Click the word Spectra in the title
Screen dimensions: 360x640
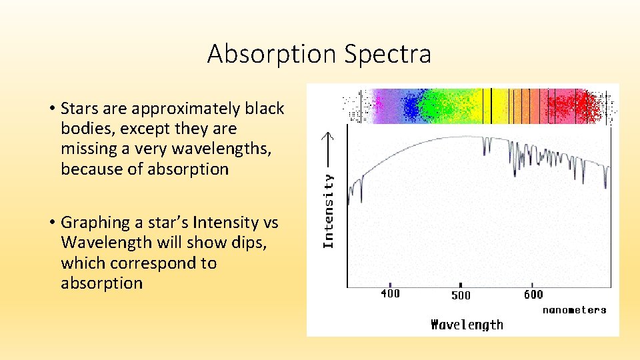[x=387, y=54]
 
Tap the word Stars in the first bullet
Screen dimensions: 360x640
[x=79, y=109]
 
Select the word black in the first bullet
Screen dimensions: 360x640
[x=264, y=109]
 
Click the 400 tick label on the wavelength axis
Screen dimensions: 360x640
[x=390, y=293]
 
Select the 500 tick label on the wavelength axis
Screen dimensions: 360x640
[x=461, y=295]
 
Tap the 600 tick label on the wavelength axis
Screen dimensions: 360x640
[x=533, y=294]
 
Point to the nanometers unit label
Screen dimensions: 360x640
[x=574, y=310]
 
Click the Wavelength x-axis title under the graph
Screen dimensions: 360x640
[x=467, y=325]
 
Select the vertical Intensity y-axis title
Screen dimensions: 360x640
[x=328, y=211]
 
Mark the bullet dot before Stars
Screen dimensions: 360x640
[x=51, y=109]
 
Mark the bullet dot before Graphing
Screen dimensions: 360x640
[x=51, y=223]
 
